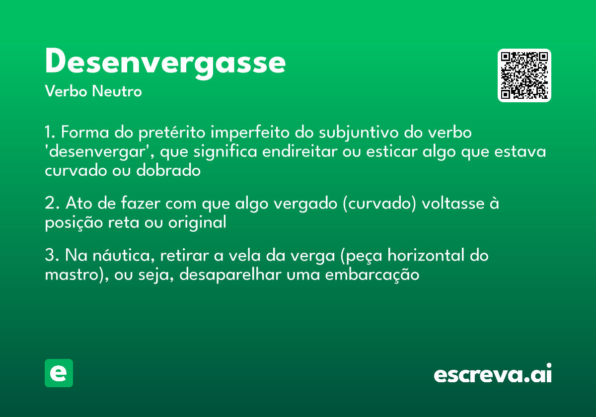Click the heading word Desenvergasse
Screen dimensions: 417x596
[x=165, y=63]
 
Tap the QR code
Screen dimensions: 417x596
[x=524, y=75]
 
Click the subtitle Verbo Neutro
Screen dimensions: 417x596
[x=93, y=91]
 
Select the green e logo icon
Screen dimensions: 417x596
[x=59, y=373]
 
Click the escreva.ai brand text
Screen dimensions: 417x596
[x=493, y=374]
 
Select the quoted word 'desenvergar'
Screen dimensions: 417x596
[x=99, y=151]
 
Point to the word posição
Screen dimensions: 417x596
[x=74, y=222]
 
